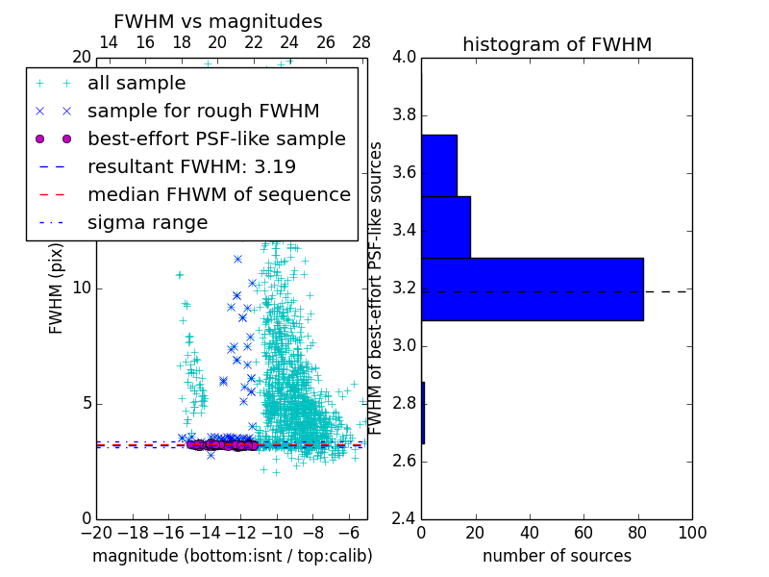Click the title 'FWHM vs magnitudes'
tap(218, 21)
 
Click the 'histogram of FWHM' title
tap(557, 44)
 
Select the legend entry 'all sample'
tap(136, 84)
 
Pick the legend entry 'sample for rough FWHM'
tap(203, 111)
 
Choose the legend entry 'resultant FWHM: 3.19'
tap(191, 166)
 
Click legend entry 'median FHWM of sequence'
tap(218, 194)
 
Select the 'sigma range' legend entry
tap(147, 222)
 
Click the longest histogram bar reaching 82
tap(532, 288)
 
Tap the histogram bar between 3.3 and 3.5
tap(445, 227)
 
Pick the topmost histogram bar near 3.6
tap(438, 165)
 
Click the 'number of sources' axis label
tap(557, 556)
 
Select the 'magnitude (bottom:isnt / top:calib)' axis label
tap(232, 556)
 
